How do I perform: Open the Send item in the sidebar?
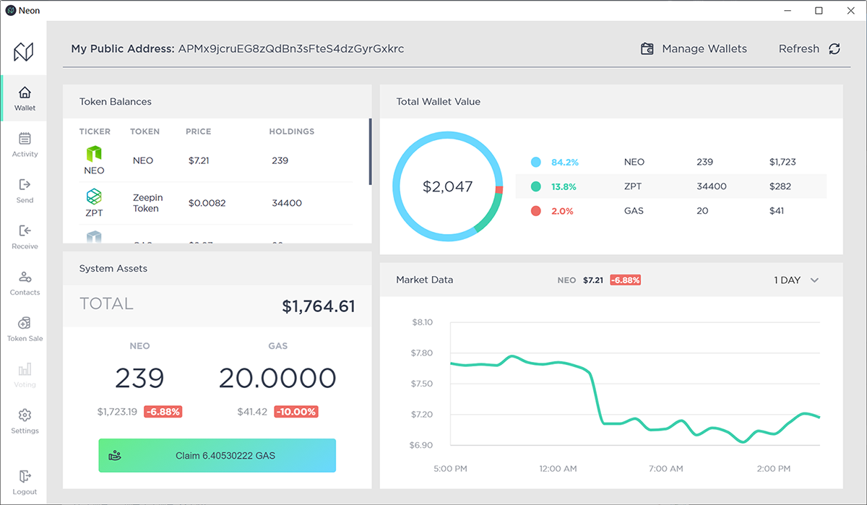(25, 190)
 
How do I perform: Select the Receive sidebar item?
(25, 236)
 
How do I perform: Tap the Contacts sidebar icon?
(25, 277)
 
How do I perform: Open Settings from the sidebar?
(25, 420)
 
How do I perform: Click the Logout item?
(25, 482)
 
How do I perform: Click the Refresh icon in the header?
(834, 49)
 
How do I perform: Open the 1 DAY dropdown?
(795, 280)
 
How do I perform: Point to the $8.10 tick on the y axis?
(421, 322)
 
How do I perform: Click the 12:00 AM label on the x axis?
(558, 469)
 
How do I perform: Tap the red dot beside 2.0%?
(535, 211)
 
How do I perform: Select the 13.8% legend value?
(564, 186)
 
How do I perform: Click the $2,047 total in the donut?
(447, 187)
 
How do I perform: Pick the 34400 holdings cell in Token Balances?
(287, 203)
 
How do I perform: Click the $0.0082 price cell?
(207, 203)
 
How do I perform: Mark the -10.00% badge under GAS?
(296, 412)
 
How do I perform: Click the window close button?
(849, 11)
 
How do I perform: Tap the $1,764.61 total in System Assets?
(319, 306)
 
